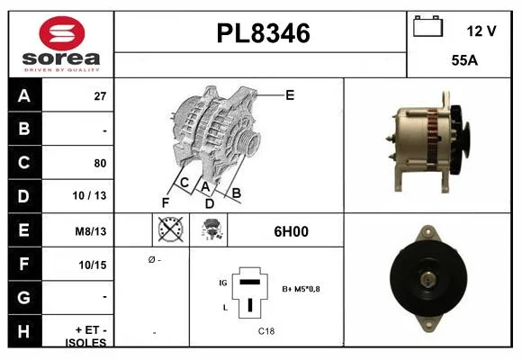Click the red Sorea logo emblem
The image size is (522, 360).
click(62, 33)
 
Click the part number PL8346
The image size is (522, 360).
click(264, 33)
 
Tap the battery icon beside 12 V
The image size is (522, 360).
click(427, 26)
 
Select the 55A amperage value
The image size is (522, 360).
click(464, 60)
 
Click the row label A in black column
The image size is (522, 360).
click(24, 96)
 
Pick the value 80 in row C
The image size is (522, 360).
click(100, 163)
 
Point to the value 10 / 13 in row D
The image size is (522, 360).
click(89, 195)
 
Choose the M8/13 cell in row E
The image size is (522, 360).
click(91, 231)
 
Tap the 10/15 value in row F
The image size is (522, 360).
click(93, 265)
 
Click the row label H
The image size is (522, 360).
click(24, 331)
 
